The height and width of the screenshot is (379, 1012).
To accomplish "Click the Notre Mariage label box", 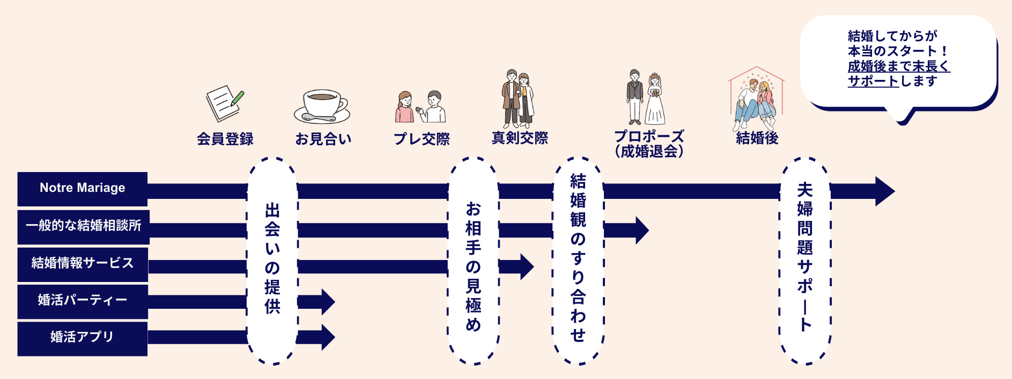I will [x=82, y=189].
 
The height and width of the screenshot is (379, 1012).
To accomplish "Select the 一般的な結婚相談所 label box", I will [x=83, y=226].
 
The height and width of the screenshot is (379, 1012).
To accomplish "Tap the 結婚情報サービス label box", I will [x=83, y=264].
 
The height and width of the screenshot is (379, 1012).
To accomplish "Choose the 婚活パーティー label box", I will [x=83, y=301].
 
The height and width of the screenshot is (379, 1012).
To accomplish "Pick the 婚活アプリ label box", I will [x=82, y=338].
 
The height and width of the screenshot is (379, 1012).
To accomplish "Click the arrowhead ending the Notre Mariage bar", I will [x=884, y=191].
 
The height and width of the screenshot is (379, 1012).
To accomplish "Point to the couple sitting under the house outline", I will [x=756, y=100].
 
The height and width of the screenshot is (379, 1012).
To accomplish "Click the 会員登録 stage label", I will [x=225, y=139].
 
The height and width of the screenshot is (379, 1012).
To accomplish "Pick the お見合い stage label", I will [x=323, y=139].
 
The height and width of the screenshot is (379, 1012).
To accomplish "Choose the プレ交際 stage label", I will [x=422, y=139].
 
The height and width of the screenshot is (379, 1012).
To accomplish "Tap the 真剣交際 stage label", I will [x=520, y=138].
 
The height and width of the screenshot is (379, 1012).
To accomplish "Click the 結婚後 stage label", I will [x=757, y=138].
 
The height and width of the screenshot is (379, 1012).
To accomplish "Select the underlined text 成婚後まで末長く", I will [x=898, y=66].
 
